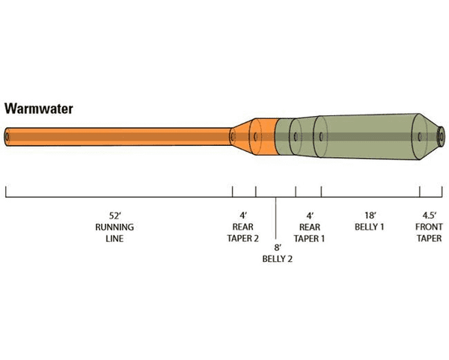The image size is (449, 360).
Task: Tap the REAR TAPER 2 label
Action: coord(242,232)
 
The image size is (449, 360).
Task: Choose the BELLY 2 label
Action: coord(276,258)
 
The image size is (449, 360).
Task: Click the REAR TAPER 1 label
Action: coord(309,232)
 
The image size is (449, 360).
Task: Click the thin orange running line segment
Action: coord(120,137)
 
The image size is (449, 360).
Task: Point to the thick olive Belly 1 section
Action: coord(367,137)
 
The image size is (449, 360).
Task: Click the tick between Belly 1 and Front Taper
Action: coord(419,190)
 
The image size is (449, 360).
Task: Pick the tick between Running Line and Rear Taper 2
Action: coord(232,190)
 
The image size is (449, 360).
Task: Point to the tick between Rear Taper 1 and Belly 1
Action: coord(322,190)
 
